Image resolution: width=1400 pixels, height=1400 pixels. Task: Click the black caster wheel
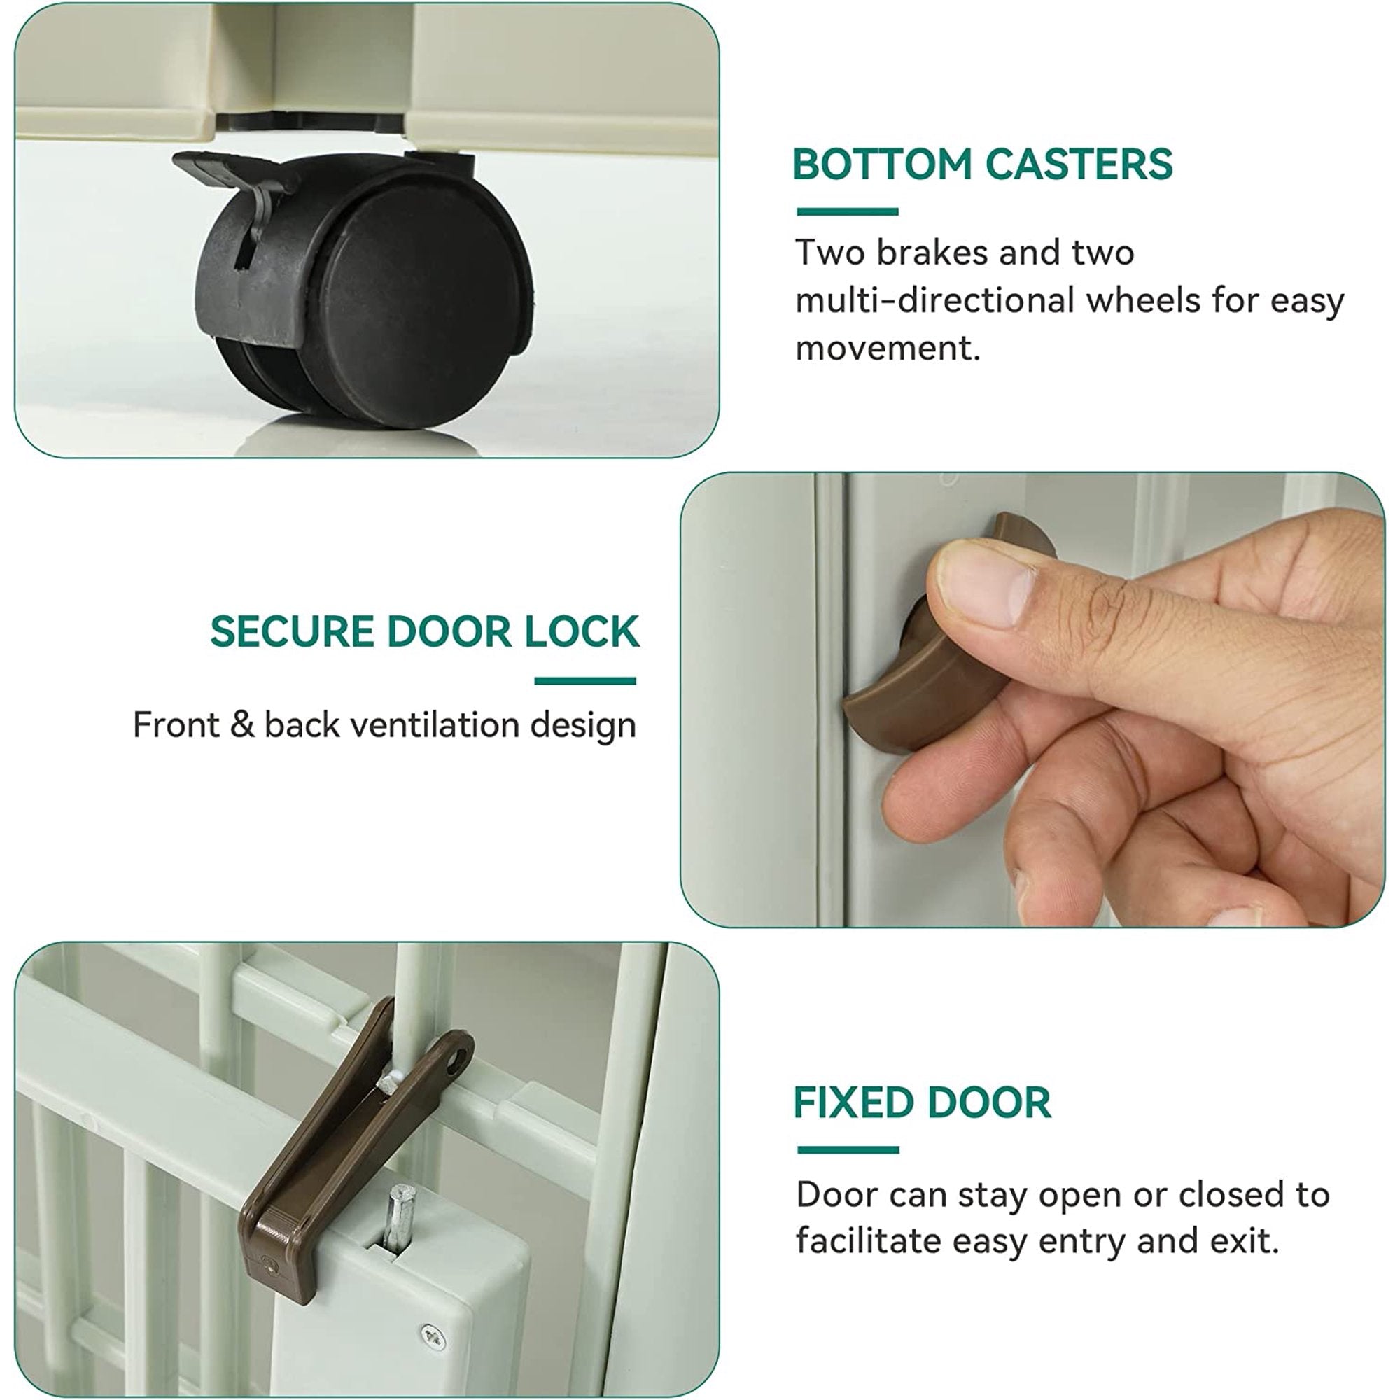tap(363, 290)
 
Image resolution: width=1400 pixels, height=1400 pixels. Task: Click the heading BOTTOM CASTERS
tap(983, 164)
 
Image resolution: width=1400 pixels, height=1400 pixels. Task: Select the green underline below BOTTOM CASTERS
tap(847, 211)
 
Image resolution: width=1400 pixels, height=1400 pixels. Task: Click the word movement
tap(888, 348)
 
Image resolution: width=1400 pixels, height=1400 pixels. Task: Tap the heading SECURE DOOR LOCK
tap(425, 631)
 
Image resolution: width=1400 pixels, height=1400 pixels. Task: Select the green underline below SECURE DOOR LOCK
tap(584, 681)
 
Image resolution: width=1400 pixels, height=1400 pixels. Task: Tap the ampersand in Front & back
tap(242, 725)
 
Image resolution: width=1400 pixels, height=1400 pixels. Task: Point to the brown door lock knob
tap(942, 645)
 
